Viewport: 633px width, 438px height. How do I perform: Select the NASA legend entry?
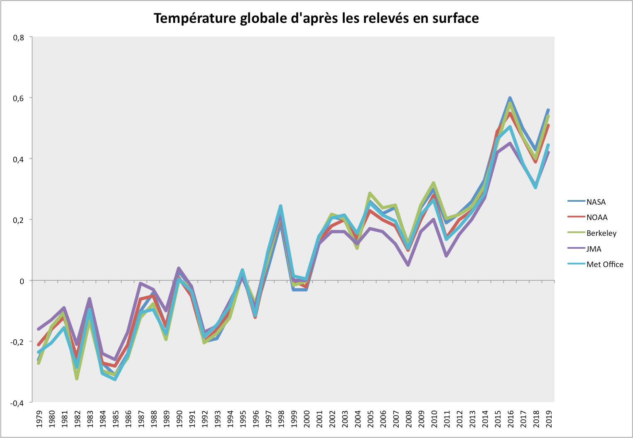(596, 202)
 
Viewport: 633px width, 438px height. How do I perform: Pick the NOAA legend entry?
(596, 218)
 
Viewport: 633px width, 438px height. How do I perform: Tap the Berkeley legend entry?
(601, 233)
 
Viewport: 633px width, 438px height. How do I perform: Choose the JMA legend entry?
(594, 249)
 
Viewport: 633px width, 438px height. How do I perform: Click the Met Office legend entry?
(604, 265)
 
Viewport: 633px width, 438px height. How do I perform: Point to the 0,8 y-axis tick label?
(19, 37)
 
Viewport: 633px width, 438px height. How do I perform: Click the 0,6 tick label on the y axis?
(19, 98)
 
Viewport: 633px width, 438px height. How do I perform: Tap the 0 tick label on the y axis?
(22, 281)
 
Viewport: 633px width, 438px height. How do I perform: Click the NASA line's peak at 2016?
(510, 98)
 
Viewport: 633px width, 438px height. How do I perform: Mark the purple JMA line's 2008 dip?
(408, 265)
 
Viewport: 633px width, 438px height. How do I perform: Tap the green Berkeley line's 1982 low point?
(77, 379)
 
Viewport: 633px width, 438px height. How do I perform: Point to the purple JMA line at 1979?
(39, 329)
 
